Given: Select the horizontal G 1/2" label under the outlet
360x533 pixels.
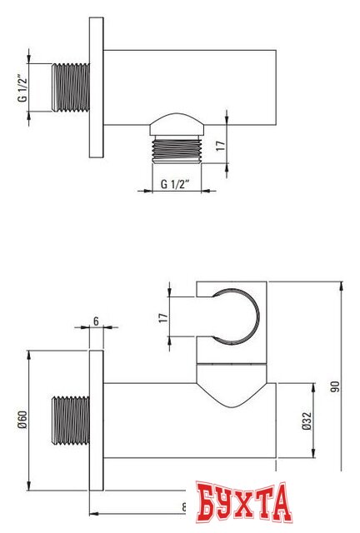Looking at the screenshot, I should click(x=176, y=184).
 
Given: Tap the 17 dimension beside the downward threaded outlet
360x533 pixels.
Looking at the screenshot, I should click(x=219, y=145).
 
